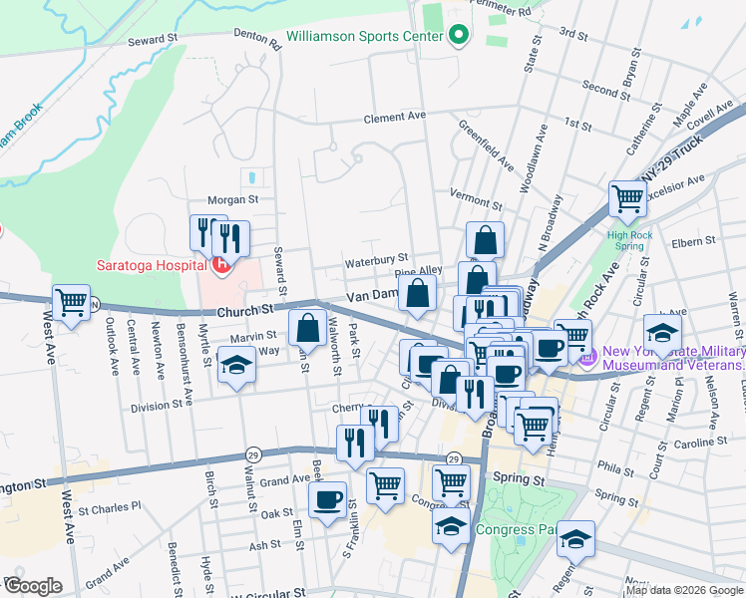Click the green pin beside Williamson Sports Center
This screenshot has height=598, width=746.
(458, 36)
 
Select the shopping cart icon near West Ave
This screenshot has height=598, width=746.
(71, 301)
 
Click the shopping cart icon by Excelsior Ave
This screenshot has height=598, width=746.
(627, 198)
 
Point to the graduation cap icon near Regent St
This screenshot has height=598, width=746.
(575, 538)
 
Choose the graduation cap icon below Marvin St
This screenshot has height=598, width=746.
(236, 365)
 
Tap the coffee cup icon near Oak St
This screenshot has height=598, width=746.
(326, 500)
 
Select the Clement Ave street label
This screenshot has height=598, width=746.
(395, 118)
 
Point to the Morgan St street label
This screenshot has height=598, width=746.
(232, 199)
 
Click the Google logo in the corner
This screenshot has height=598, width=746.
(33, 586)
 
